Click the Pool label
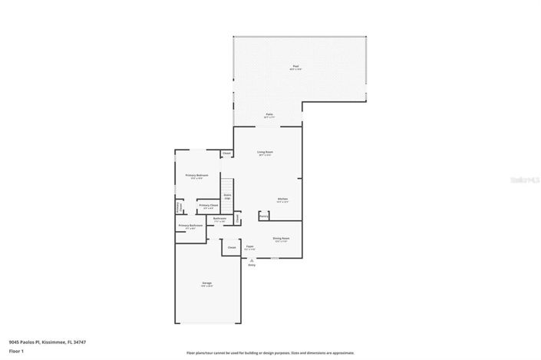[295, 67]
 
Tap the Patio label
[269, 115]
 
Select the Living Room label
[266, 152]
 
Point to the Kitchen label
[282, 199]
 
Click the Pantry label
[263, 216]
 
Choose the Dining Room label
[280, 238]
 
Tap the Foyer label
[249, 246]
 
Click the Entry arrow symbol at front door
[251, 261]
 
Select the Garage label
[207, 284]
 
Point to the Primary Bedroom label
[197, 176]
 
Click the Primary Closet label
[208, 205]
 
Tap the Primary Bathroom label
[190, 225]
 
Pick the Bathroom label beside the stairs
[219, 219]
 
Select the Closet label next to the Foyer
[232, 247]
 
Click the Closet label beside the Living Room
[226, 154]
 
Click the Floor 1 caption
[17, 351]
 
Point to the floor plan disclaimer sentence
[270, 352]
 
